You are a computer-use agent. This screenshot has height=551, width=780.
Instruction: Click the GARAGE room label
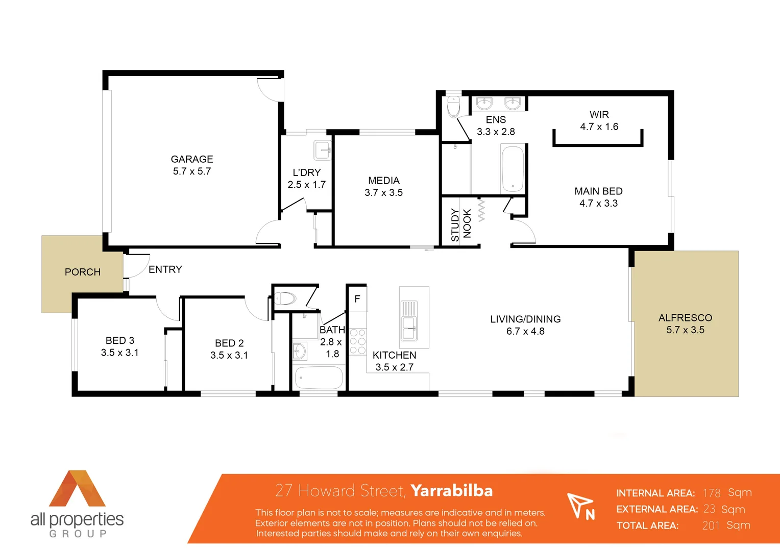192,159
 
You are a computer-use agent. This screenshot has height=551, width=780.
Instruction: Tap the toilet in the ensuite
453,107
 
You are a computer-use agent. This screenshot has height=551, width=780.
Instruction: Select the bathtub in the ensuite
513,169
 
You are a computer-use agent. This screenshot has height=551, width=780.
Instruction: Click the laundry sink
323,151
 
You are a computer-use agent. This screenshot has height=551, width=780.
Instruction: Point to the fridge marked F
357,299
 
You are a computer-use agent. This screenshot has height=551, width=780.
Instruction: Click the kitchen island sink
409,328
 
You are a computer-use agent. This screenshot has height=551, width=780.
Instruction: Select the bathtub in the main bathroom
319,378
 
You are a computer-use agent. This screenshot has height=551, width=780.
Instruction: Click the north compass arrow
581,506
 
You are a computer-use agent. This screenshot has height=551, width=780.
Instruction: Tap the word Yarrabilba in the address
451,490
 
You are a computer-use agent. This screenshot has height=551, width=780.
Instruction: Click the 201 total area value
711,525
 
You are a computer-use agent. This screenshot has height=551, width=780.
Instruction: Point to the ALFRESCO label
685,318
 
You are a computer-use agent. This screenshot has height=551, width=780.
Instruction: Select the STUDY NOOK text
460,224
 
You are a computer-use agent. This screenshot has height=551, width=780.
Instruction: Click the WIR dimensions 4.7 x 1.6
599,127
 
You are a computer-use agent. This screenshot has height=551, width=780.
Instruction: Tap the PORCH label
83,272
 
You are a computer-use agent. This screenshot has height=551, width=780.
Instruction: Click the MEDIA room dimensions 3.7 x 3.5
383,192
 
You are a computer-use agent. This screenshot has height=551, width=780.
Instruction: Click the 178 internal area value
711,493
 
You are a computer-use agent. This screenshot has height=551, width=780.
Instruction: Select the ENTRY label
165,269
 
